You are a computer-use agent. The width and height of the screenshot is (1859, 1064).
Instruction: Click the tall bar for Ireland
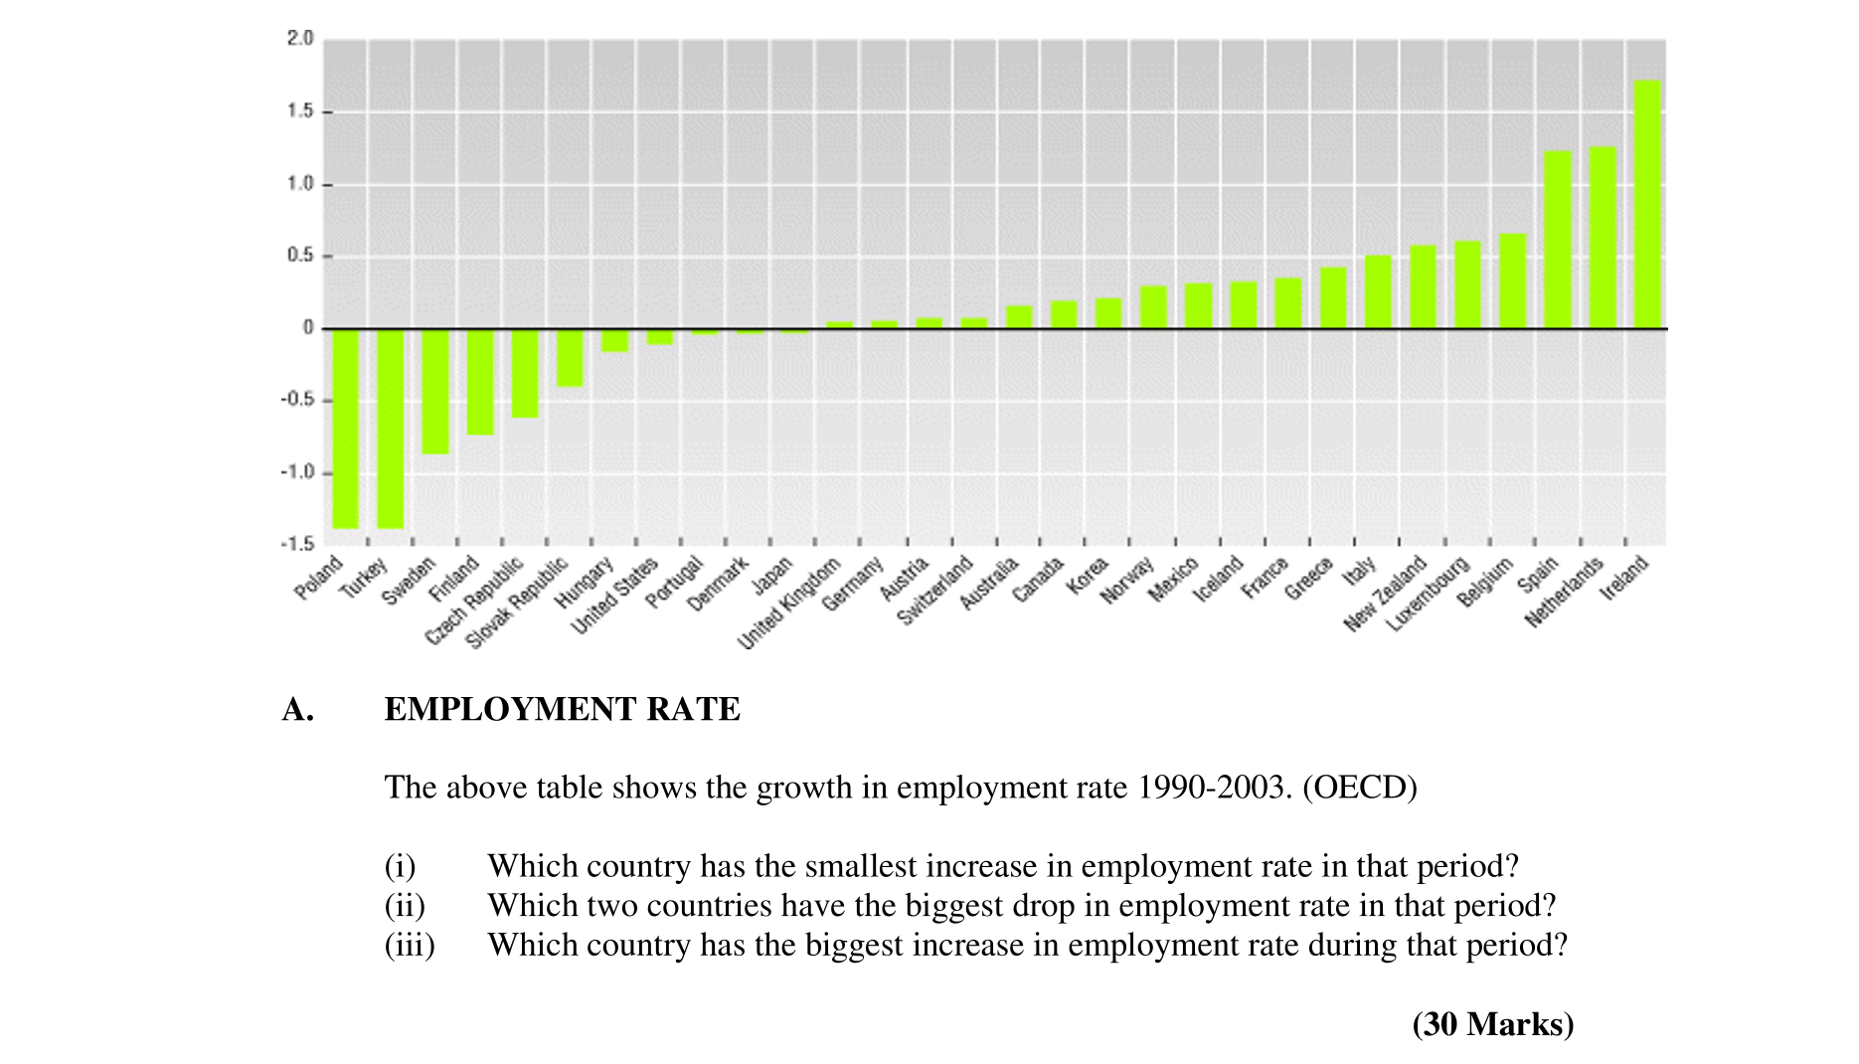(x=1647, y=204)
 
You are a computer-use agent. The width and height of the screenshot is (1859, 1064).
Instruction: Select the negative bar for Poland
(x=345, y=428)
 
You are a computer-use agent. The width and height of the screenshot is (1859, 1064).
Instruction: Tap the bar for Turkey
(x=390, y=428)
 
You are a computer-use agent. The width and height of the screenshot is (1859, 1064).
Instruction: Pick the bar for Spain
(x=1558, y=240)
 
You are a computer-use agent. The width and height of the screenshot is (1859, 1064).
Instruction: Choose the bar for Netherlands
(x=1603, y=238)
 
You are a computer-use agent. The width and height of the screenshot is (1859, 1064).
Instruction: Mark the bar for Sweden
(x=435, y=391)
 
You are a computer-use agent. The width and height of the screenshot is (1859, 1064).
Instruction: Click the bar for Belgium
(x=1512, y=281)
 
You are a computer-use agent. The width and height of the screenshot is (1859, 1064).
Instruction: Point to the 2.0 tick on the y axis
(x=299, y=39)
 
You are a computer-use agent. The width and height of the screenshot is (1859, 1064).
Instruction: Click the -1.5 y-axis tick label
(x=296, y=544)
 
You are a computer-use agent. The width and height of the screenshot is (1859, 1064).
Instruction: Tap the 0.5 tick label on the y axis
(x=299, y=256)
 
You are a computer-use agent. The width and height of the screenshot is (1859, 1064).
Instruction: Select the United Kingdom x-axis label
(x=790, y=604)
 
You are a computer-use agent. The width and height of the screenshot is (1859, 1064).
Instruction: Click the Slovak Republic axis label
(x=517, y=603)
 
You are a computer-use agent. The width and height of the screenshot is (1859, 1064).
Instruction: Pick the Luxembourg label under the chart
(x=1429, y=595)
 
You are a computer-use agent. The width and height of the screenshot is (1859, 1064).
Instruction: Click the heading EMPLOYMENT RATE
(x=562, y=709)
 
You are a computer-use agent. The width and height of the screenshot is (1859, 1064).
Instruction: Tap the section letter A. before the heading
(x=297, y=709)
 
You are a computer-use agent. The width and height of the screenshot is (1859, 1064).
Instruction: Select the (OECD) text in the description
(x=1359, y=788)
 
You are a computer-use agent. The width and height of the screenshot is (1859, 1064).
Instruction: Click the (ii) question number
(x=405, y=906)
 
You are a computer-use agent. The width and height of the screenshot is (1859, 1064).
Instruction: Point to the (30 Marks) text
(x=1492, y=1024)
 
